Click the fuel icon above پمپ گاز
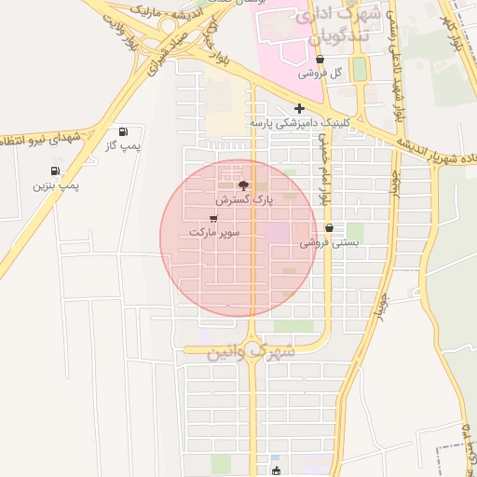123,131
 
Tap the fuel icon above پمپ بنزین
55,170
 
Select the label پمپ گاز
123,146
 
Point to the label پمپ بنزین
57,185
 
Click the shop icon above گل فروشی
320,58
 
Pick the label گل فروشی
320,73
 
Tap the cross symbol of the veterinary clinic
299,108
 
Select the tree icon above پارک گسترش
244,185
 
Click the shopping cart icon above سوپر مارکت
214,217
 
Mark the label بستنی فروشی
329,243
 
